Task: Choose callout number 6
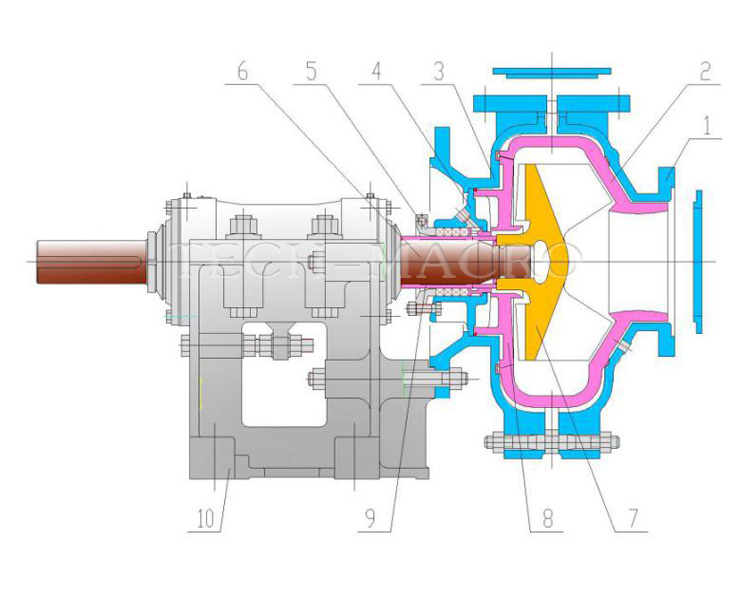(241, 72)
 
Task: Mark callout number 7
(632, 519)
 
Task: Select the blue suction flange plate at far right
(698, 258)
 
